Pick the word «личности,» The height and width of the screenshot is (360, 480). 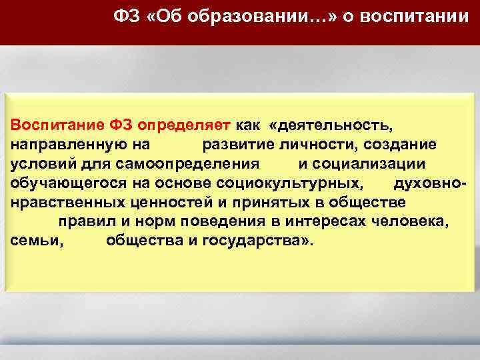coord(313,144)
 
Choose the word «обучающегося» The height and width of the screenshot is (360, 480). coord(61,183)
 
